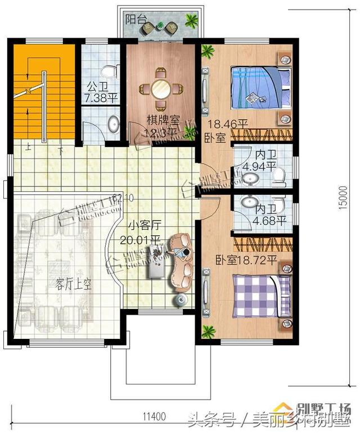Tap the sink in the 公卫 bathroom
click(112, 125)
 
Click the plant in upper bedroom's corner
click(209, 52)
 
